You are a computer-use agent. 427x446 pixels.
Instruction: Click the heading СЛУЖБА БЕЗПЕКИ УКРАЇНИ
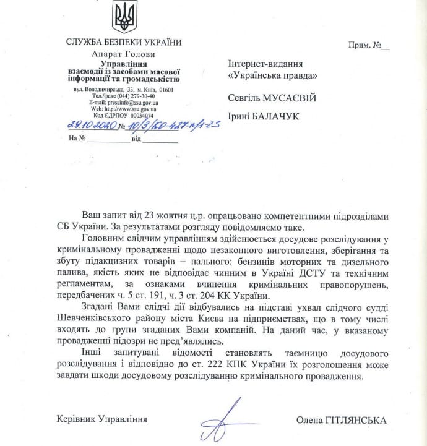click(124, 42)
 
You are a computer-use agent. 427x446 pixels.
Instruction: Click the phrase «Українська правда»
click(273, 75)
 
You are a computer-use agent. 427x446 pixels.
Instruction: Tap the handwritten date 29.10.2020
click(90, 125)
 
